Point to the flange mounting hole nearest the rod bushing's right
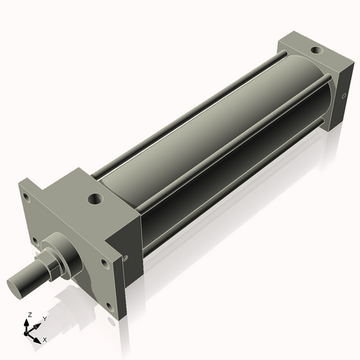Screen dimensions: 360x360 coord(105,264)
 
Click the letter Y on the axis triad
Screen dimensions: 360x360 coord(44,318)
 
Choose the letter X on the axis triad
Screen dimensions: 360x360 coord(45,338)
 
